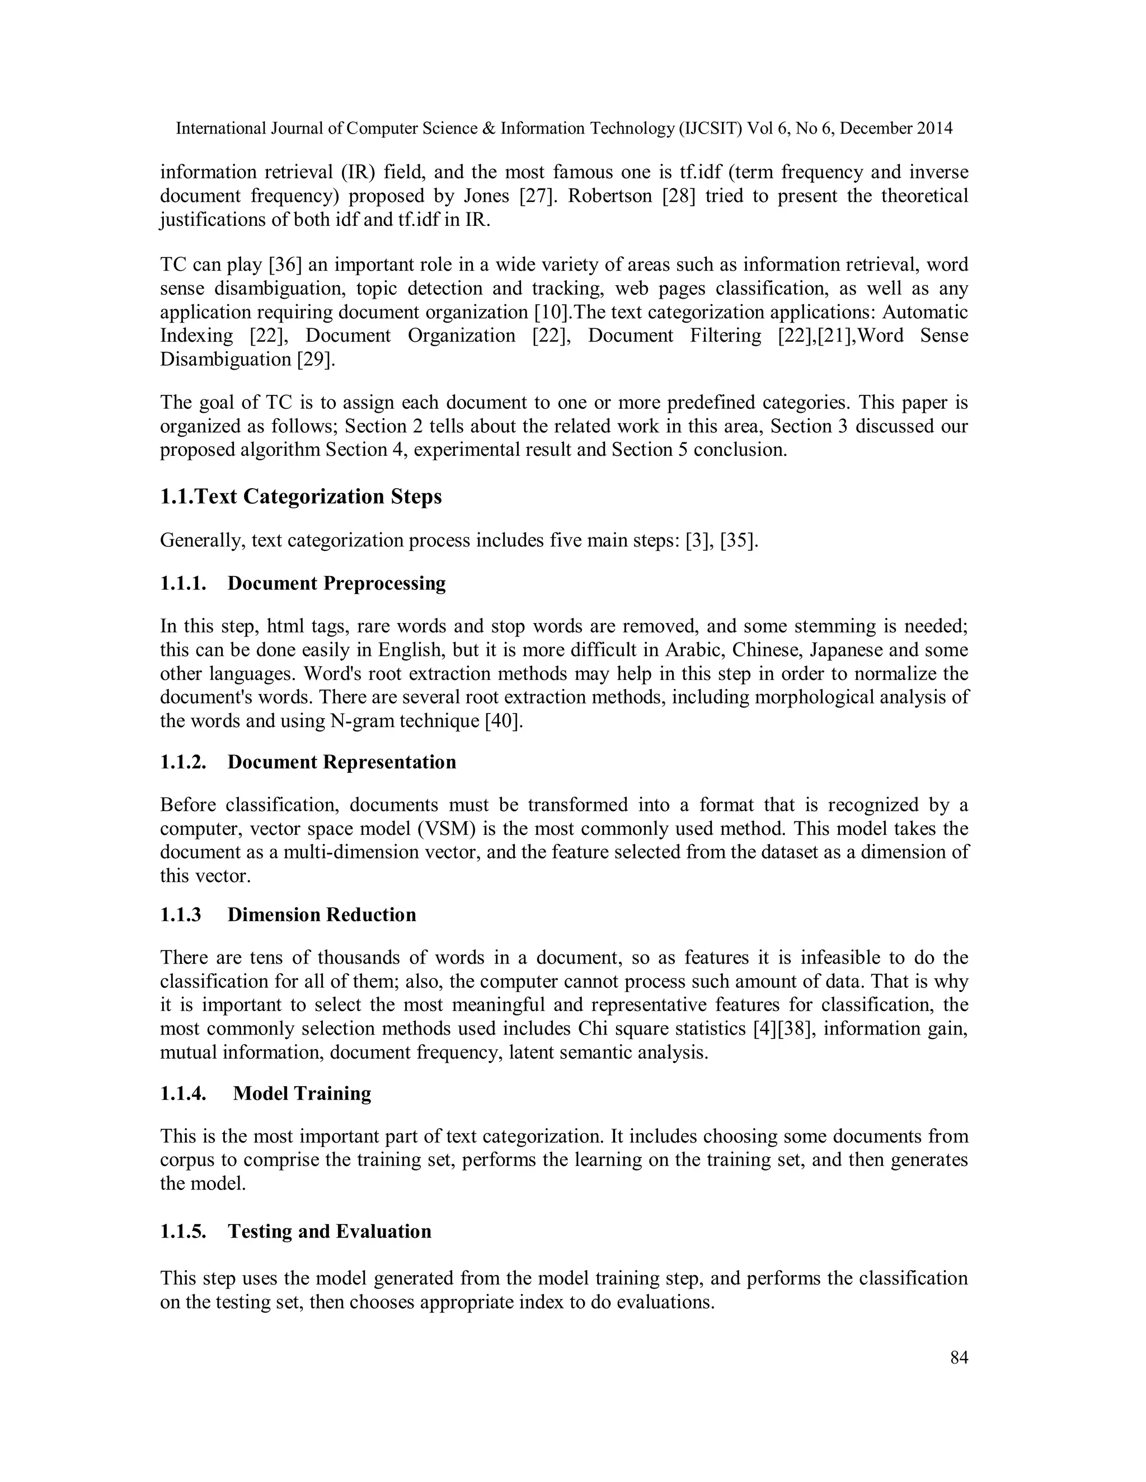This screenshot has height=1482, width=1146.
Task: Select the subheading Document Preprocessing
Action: (x=336, y=583)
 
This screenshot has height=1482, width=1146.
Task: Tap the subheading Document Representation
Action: (x=341, y=762)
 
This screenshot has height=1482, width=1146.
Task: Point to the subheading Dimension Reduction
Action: (x=321, y=915)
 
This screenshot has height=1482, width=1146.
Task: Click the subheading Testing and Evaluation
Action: (x=329, y=1231)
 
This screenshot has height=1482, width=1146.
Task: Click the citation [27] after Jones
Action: (x=535, y=196)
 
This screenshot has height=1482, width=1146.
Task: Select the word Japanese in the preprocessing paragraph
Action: (x=847, y=650)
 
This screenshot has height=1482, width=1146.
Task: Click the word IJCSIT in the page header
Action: (x=710, y=128)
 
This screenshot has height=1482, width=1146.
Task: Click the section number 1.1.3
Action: (x=181, y=915)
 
